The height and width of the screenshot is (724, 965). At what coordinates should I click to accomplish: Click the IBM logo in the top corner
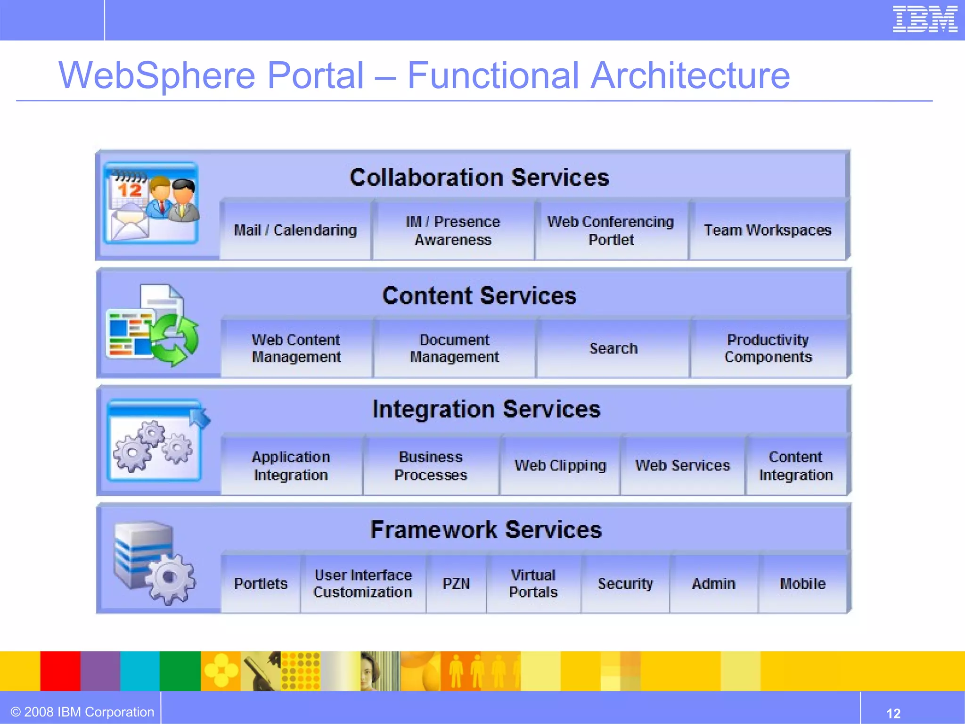[x=924, y=19]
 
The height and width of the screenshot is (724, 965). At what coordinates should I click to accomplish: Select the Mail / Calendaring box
[x=295, y=230]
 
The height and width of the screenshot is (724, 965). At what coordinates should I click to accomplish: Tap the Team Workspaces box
[x=768, y=230]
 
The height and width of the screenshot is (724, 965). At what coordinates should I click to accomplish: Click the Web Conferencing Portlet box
[x=611, y=230]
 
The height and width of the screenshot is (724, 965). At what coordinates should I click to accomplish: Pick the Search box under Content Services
[x=613, y=348]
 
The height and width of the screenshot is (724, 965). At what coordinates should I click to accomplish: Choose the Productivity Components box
[x=768, y=348]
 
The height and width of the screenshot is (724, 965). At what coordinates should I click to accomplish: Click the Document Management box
[x=454, y=348]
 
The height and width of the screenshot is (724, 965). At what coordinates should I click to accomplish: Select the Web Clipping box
[x=560, y=466]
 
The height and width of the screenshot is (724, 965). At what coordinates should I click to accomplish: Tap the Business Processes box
[x=431, y=466]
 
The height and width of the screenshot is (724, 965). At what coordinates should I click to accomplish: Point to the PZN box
[x=456, y=584]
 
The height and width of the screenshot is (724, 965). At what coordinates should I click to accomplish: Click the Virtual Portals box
[x=533, y=584]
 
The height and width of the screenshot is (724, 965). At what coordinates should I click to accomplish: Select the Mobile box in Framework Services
[x=802, y=584]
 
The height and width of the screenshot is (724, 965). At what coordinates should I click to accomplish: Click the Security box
[x=625, y=584]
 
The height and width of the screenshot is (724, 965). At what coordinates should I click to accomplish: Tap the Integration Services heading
[x=486, y=409]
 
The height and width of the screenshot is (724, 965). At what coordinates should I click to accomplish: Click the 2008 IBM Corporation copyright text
[x=83, y=712]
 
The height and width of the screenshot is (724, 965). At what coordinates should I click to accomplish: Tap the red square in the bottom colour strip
[x=60, y=671]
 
